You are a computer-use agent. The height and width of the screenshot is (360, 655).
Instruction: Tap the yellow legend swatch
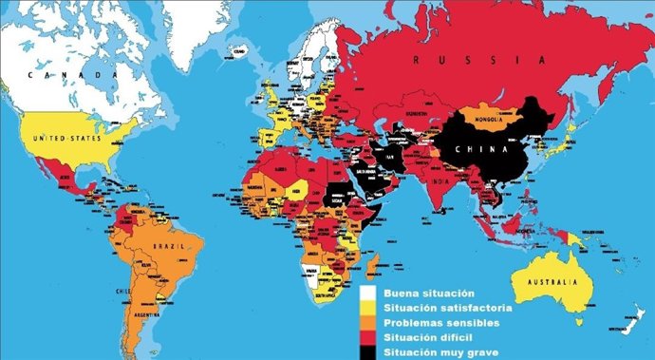[368, 308]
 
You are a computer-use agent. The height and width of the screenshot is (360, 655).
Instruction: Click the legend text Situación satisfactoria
[449, 308]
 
